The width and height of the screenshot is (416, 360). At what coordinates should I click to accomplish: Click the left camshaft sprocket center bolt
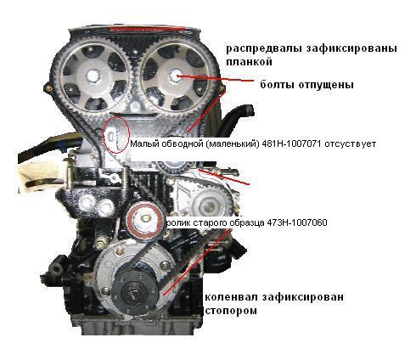pyautogui.click(x=93, y=76)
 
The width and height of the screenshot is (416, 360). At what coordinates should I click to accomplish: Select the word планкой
pyautogui.click(x=249, y=62)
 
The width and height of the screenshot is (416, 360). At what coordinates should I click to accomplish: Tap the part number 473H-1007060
pyautogui.click(x=297, y=222)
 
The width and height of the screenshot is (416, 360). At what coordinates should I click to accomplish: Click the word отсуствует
pyautogui.click(x=351, y=144)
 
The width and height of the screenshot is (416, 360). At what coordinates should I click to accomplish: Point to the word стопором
pyautogui.click(x=231, y=311)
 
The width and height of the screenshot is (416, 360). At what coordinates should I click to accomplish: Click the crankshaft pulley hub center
pyautogui.click(x=133, y=294)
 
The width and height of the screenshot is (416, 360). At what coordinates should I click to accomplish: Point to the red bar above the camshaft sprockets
pyautogui.click(x=147, y=28)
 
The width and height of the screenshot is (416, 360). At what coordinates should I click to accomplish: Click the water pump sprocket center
pyautogui.click(x=211, y=205)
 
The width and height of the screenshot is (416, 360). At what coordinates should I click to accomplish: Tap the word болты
pyautogui.click(x=278, y=85)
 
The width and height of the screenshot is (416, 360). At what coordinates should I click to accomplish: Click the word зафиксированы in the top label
pyautogui.click(x=351, y=49)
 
